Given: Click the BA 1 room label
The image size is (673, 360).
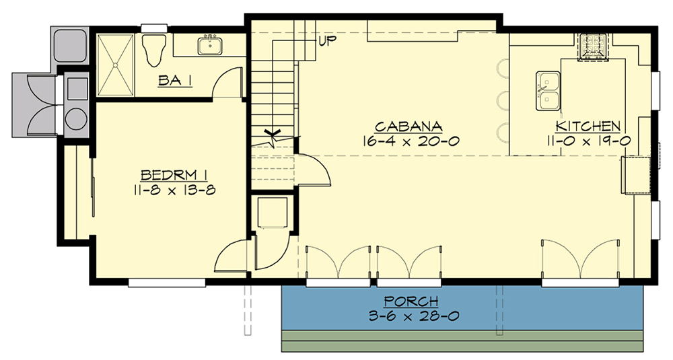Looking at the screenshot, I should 176,81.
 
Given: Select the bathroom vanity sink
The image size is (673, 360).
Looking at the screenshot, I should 211,45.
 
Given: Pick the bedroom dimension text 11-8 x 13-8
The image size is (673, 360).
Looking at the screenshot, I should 174,190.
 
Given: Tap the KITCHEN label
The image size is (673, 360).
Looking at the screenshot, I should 588,127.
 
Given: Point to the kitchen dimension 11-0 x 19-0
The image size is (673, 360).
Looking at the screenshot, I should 588,141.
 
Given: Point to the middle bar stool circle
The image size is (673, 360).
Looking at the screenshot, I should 501,101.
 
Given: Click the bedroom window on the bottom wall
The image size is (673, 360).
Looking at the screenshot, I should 166,283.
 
